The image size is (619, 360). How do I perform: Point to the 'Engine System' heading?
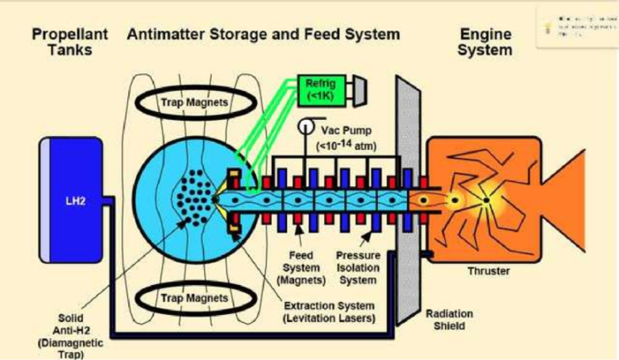point(485,43)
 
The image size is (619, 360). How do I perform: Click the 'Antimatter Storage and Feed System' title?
point(263,35)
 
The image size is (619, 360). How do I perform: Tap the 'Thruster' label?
point(489,271)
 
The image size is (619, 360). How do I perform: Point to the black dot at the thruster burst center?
point(486,199)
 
